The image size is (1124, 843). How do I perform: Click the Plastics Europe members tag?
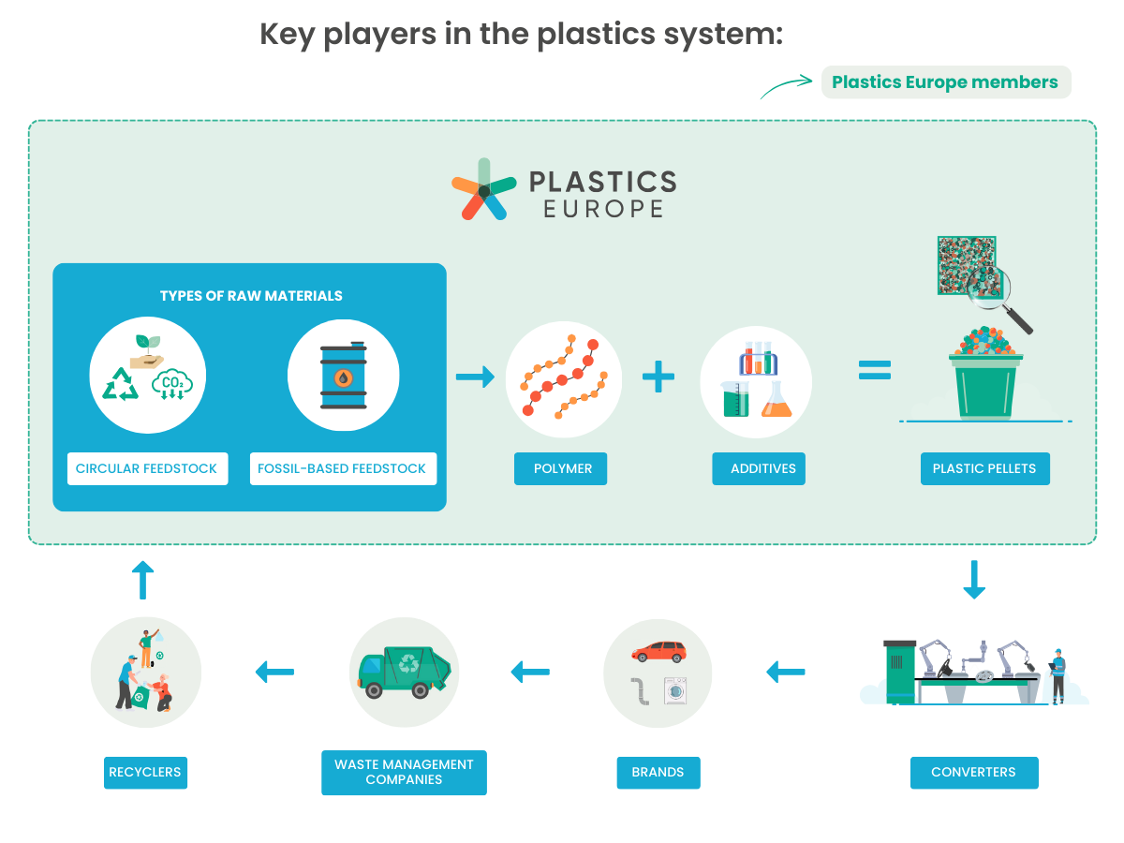[x=946, y=81]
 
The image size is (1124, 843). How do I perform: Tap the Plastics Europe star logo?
[x=484, y=189]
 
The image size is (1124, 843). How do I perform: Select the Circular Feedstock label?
[x=147, y=468]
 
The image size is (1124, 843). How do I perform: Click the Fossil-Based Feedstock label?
[x=343, y=468]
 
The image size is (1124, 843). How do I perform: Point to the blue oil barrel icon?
[x=344, y=376]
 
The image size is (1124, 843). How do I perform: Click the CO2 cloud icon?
[x=172, y=384]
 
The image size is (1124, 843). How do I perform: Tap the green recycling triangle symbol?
[x=120, y=384]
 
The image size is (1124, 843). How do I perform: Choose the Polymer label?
[x=561, y=468]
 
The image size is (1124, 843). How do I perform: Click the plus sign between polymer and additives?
[x=658, y=377]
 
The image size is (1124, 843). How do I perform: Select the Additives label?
[x=759, y=468]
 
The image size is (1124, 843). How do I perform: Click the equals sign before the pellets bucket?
[x=875, y=370]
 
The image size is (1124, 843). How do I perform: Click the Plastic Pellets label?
[x=985, y=468]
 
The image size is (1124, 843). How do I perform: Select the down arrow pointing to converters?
[x=974, y=580]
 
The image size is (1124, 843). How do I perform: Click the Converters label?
[x=974, y=773]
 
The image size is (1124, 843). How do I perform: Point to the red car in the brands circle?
[x=659, y=652]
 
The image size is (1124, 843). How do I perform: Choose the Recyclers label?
[x=145, y=773]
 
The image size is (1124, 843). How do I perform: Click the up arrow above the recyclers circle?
[x=143, y=580]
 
